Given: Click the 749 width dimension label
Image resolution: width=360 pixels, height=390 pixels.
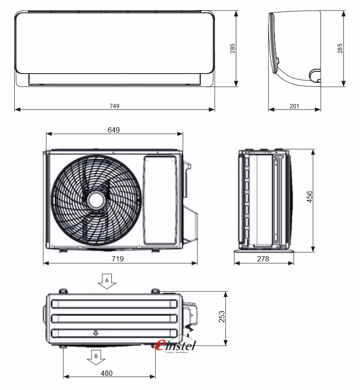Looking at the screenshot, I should coord(114,106).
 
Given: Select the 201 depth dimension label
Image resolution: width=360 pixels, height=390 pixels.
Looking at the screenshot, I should coord(294,106).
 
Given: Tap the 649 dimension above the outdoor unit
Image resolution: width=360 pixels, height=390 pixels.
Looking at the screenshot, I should coord(113,130).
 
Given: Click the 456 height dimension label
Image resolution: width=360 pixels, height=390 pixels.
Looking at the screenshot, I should coord(309,197).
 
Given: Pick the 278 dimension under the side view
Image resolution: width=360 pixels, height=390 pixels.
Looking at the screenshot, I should coord(263,259).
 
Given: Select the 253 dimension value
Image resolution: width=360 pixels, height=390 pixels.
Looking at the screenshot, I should coord(222,316).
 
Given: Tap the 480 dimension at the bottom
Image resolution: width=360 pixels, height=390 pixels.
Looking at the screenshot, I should coord(106,373).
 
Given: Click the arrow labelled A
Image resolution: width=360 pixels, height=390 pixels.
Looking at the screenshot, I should coord(106,281).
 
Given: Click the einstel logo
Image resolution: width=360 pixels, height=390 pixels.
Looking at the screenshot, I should coord(176,344).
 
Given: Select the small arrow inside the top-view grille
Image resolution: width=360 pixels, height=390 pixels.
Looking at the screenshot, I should coord(95,333).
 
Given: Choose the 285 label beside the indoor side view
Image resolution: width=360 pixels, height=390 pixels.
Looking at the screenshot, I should coord(340,48).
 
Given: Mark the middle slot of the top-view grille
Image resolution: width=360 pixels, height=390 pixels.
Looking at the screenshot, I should coord(114,318).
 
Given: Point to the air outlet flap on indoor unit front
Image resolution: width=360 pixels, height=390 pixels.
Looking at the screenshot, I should coord(114,79).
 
